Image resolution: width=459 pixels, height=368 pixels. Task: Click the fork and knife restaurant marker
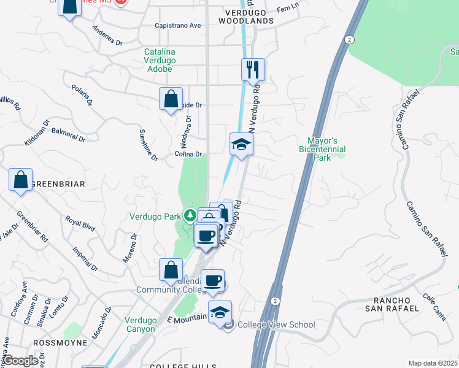point(253,69)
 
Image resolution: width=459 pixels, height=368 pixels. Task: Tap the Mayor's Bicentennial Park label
point(322,149)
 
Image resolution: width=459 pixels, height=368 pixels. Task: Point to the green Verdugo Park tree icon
point(190,215)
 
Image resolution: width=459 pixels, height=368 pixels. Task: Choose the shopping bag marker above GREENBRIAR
point(20,180)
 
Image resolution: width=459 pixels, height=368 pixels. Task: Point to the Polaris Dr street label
point(81,95)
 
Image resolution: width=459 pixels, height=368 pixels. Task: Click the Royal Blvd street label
point(80,224)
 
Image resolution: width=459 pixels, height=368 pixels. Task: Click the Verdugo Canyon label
point(141,324)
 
